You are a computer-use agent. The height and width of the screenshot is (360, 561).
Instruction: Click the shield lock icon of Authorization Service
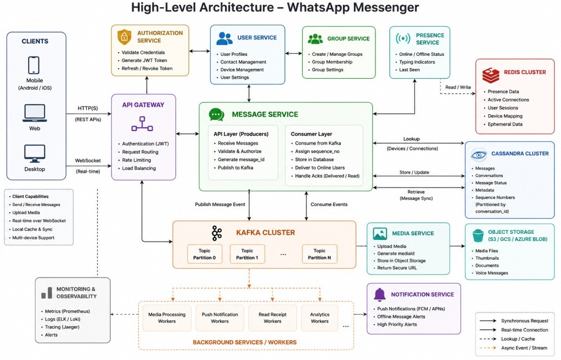(x=125, y=37)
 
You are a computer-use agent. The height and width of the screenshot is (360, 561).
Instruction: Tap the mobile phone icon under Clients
(x=33, y=65)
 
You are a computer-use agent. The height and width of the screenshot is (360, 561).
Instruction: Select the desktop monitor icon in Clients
(x=35, y=154)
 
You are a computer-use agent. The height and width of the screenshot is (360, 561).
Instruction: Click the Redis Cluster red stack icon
(x=491, y=75)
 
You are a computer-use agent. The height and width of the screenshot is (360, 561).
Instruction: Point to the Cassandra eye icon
(x=479, y=154)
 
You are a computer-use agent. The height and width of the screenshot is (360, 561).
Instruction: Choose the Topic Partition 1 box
(x=247, y=254)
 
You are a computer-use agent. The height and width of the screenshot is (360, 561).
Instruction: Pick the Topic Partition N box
(x=319, y=254)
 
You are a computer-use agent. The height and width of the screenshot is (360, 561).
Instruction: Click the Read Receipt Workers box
(x=272, y=318)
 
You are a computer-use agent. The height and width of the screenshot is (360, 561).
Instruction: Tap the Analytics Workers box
(x=319, y=318)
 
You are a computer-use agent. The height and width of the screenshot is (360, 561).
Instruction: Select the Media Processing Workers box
(x=166, y=318)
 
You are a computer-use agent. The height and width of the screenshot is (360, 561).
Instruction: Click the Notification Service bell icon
(x=379, y=294)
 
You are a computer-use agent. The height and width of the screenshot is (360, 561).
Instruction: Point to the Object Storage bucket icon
(x=478, y=235)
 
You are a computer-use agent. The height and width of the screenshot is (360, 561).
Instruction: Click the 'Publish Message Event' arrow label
(x=220, y=205)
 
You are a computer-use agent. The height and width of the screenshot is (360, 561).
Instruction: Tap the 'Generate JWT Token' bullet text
(x=144, y=61)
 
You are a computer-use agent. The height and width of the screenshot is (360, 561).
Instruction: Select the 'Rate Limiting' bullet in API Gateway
(x=136, y=160)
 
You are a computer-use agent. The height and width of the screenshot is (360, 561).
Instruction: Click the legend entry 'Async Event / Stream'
(x=524, y=348)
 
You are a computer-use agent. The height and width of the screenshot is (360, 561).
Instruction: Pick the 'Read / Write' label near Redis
(x=458, y=87)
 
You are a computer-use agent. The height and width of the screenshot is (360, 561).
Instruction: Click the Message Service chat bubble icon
(x=217, y=114)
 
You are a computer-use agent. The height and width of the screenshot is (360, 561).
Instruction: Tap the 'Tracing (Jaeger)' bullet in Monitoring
(x=62, y=327)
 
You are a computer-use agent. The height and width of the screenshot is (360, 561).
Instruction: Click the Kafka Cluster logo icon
(x=217, y=233)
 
